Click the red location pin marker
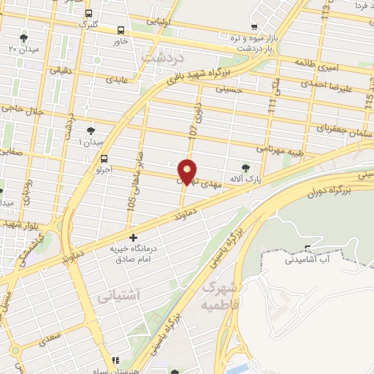click(x=188, y=172)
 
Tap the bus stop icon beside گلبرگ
click(x=89, y=13)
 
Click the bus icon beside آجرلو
click(x=104, y=159)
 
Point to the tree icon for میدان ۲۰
click(x=24, y=37)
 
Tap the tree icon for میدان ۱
click(x=91, y=131)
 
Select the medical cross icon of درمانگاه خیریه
click(x=133, y=237)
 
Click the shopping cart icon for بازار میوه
click(x=253, y=26)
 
